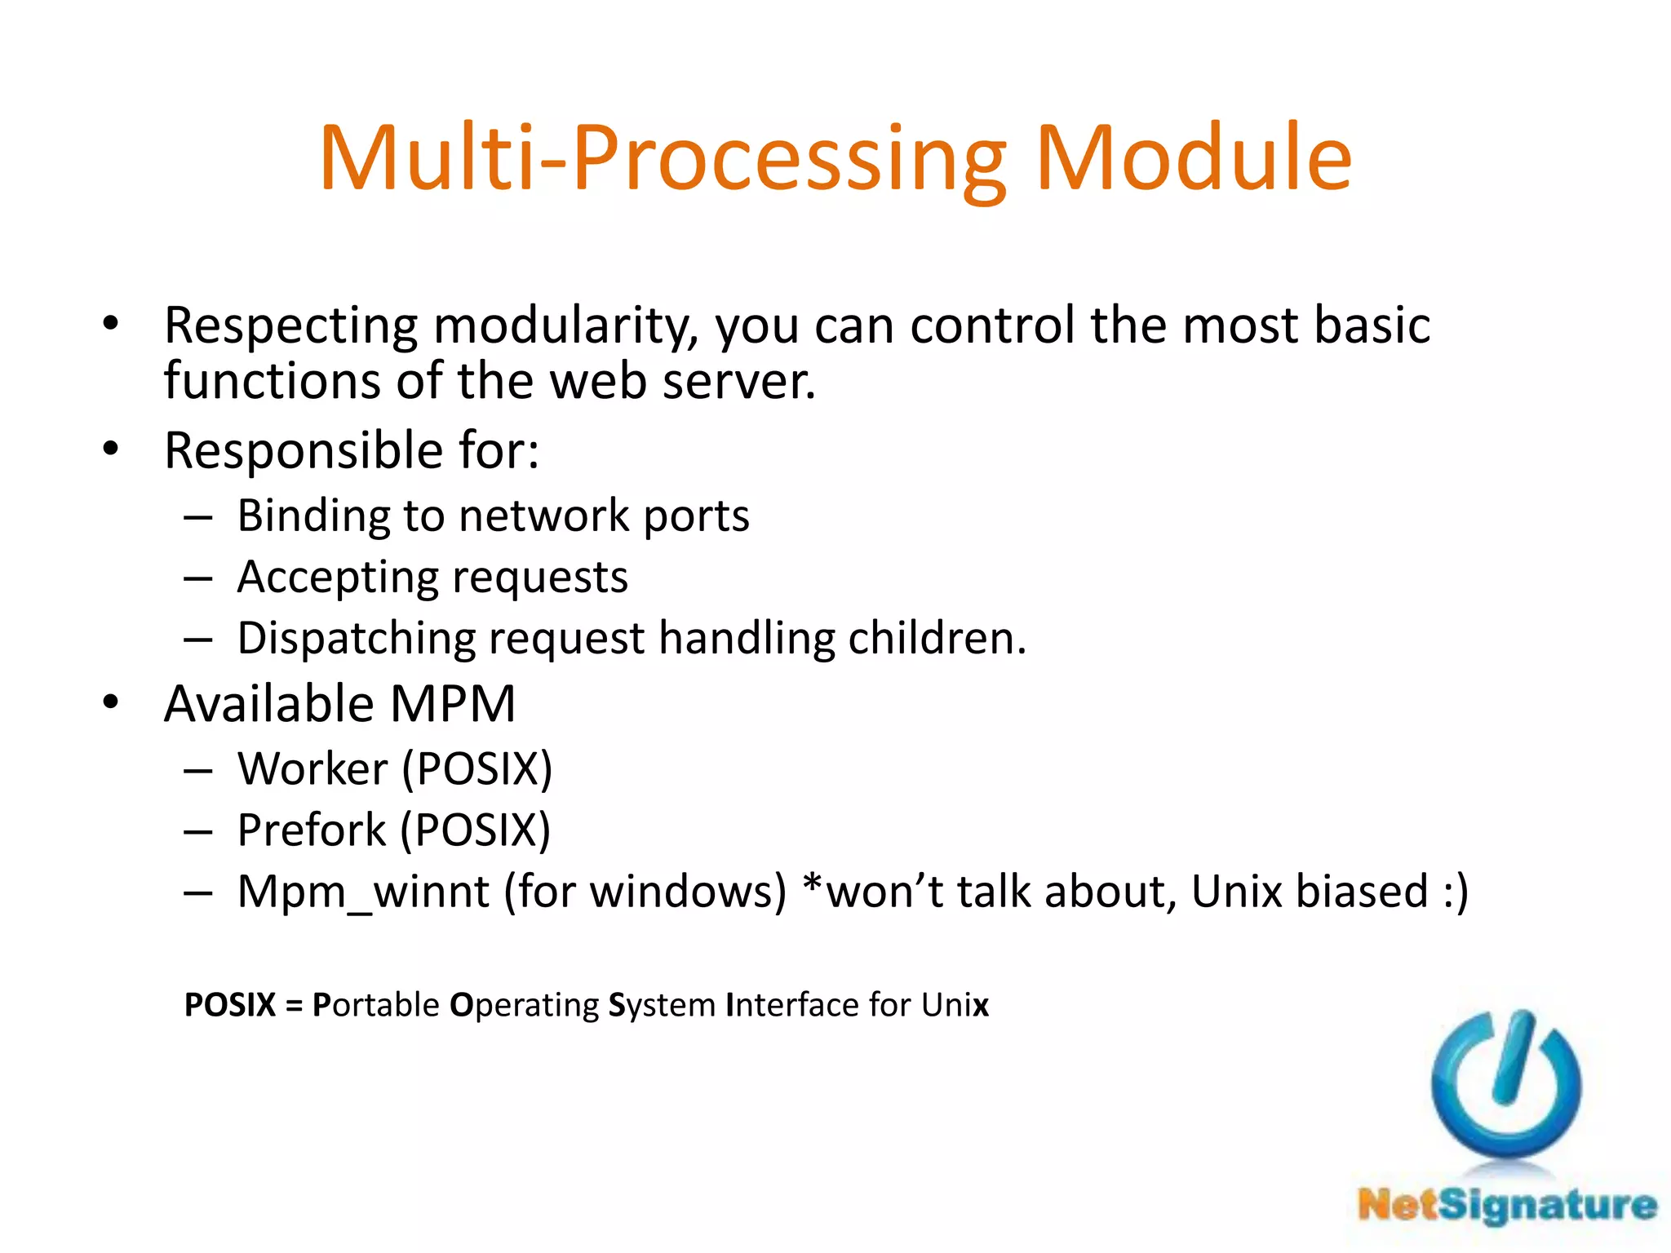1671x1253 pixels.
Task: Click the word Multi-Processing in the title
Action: pyautogui.click(x=663, y=159)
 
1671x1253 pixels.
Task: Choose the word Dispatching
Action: pyautogui.click(x=356, y=639)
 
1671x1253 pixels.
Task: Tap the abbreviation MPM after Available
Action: pyautogui.click(x=453, y=704)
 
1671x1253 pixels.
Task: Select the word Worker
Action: pyautogui.click(x=312, y=769)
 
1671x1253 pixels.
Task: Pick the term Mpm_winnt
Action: pyautogui.click(x=363, y=892)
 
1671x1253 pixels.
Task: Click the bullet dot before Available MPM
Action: pyautogui.click(x=111, y=702)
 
